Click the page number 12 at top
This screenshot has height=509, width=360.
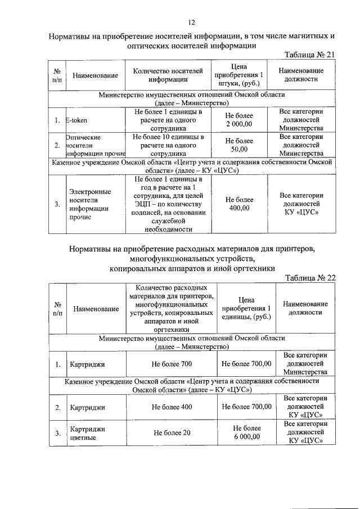tap(191, 22)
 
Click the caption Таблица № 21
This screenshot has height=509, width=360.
tap(310, 54)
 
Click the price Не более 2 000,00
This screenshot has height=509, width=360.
tap(239, 120)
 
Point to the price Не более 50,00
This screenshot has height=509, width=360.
tap(239, 145)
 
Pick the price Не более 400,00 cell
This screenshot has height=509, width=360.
tap(239, 204)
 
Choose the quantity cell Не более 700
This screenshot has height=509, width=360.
tap(172, 364)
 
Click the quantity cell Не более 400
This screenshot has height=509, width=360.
tap(172, 407)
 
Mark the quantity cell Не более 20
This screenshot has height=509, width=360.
tap(172, 433)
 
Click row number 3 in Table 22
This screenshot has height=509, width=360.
tap(57, 433)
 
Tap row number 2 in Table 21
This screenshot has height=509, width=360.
tap(57, 145)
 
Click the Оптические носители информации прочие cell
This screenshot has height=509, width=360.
tap(93, 145)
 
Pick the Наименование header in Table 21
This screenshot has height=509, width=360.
tap(95, 75)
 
